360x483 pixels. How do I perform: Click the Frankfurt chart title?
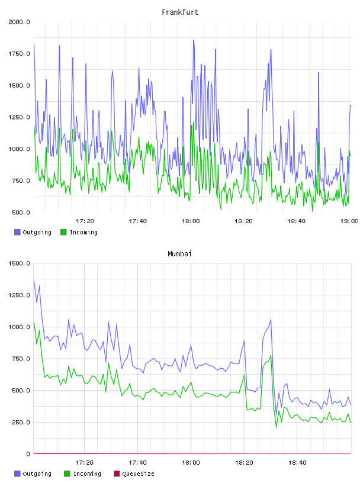click(x=180, y=12)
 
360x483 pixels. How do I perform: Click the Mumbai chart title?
click(x=179, y=254)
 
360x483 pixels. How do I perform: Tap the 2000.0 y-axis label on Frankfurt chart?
click(x=19, y=22)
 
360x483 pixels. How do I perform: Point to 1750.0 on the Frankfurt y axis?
click(x=19, y=54)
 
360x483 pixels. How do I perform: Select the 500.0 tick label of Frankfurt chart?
click(x=21, y=212)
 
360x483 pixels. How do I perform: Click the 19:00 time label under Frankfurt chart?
click(x=349, y=221)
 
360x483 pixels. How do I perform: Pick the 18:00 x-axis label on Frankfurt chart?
click(x=191, y=221)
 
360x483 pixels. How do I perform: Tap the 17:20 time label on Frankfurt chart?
click(x=85, y=221)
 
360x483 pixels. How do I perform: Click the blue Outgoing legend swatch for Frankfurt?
click(x=17, y=232)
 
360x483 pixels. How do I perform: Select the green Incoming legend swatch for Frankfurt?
click(x=63, y=232)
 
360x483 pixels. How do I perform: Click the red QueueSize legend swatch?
click(x=117, y=474)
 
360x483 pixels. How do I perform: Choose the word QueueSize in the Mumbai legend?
click(x=138, y=474)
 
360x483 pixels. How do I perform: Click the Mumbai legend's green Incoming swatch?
click(x=67, y=474)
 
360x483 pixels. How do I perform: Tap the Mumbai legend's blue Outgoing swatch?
click(x=17, y=474)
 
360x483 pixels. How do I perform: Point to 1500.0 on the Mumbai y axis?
click(x=19, y=263)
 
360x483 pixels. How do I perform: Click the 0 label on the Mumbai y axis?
click(x=28, y=454)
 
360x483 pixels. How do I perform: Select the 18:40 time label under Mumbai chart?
click(x=297, y=463)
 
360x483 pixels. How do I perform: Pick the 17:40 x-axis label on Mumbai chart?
click(x=138, y=463)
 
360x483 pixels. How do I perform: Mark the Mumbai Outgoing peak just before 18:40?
click(x=271, y=320)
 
